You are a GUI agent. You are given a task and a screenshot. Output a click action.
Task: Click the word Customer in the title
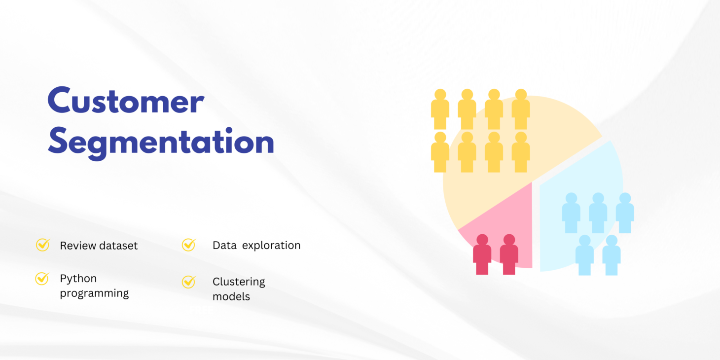[x=126, y=100]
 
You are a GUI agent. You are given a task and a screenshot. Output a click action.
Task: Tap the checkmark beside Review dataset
[x=43, y=245]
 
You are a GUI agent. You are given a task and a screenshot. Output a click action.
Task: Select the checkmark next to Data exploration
[x=189, y=245]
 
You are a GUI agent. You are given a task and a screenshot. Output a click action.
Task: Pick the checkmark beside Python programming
[x=42, y=278]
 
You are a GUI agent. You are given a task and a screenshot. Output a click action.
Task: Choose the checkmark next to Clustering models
[x=189, y=282]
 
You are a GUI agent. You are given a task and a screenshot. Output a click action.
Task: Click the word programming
[x=95, y=293]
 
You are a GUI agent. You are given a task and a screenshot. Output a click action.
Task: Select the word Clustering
[x=239, y=282]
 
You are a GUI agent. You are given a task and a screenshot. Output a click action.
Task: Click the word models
[x=231, y=296]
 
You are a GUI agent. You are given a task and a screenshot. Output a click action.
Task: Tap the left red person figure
[x=482, y=254]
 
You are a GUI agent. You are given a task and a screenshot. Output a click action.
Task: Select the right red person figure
[x=509, y=254]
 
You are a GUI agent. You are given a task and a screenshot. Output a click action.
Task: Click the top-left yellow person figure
[x=440, y=109]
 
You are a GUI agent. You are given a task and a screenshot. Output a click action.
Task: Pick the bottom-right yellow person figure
[x=521, y=152]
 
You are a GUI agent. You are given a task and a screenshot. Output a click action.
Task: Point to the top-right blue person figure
[x=625, y=213]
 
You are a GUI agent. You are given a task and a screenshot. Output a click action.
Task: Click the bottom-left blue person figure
[x=585, y=255]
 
